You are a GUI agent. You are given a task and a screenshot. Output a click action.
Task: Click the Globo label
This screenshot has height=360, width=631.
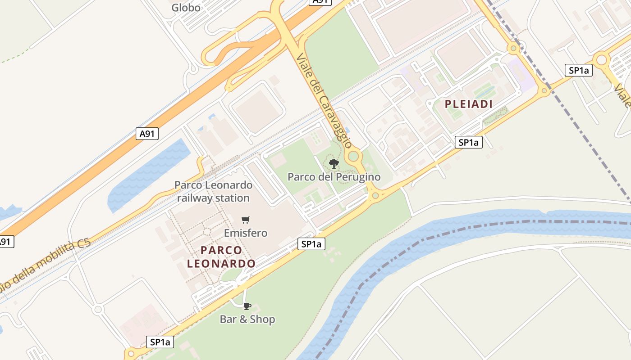click(x=186, y=8)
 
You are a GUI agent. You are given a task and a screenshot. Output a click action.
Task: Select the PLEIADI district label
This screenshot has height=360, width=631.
click(x=468, y=104)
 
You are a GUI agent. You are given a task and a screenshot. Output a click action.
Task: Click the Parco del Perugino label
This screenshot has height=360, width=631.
click(x=334, y=177)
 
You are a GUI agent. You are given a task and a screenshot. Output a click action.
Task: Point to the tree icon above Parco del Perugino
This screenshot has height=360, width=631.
click(x=334, y=164)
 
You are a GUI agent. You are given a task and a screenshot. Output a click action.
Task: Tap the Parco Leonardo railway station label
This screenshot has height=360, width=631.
click(x=213, y=191)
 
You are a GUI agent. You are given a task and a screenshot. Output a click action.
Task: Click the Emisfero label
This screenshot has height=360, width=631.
click(x=246, y=233)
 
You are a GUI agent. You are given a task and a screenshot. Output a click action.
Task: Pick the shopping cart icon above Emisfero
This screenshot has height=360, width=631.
click(x=245, y=220)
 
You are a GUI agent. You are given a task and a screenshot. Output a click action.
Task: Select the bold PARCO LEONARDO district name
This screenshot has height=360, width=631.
click(x=221, y=256)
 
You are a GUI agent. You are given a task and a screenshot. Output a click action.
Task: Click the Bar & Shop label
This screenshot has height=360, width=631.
click(x=247, y=319)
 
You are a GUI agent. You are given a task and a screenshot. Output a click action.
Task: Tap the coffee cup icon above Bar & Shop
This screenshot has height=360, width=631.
click(x=247, y=306)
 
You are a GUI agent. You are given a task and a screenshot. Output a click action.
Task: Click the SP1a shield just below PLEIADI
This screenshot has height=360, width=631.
click(x=468, y=143)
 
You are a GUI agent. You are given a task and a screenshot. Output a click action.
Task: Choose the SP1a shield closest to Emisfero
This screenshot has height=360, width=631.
click(x=311, y=244)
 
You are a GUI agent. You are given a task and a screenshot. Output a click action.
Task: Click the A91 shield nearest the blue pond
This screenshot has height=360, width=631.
click(x=147, y=134)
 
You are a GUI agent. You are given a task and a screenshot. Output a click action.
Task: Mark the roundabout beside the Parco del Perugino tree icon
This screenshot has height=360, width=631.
click(x=353, y=157)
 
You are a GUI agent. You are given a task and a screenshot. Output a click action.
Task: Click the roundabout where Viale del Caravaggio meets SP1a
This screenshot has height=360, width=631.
click(x=375, y=195)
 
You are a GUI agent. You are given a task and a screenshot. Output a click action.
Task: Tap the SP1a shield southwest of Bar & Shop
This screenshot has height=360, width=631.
click(x=160, y=342)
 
